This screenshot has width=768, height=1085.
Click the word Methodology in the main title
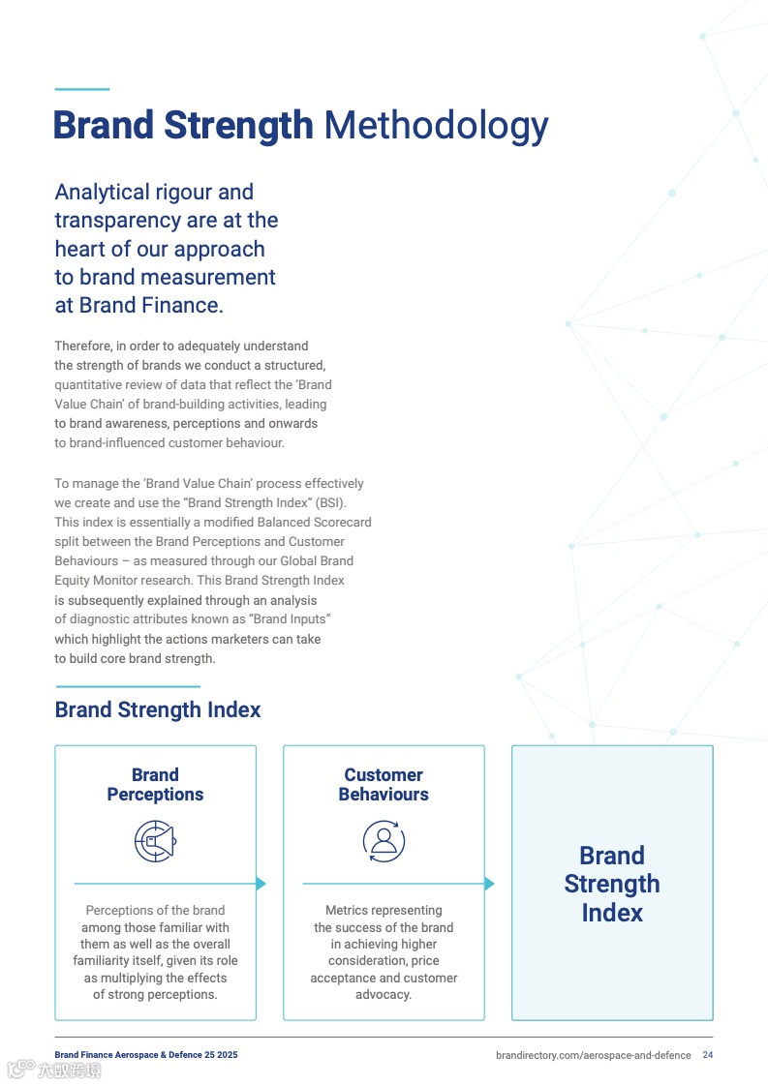pyautogui.click(x=436, y=126)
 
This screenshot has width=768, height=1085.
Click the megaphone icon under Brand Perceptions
pyautogui.click(x=155, y=840)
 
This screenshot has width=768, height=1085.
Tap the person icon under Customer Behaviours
pyautogui.click(x=384, y=840)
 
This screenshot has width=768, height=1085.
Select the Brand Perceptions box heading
pyautogui.click(x=155, y=785)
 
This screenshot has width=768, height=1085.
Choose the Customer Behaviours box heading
pyautogui.click(x=384, y=785)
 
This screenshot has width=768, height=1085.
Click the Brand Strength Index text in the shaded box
pyautogui.click(x=612, y=884)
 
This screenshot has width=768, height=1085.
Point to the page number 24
pyautogui.click(x=708, y=1055)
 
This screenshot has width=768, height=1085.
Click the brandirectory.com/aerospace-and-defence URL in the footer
pyautogui.click(x=593, y=1055)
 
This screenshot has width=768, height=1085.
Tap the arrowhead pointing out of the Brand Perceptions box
pyautogui.click(x=261, y=884)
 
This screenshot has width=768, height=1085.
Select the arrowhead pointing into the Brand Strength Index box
pyautogui.click(x=489, y=884)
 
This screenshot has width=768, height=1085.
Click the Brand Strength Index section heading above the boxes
pyautogui.click(x=158, y=710)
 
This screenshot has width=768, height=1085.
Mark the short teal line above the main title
pyautogui.click(x=81, y=90)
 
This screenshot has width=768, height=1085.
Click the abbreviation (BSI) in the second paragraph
pyautogui.click(x=329, y=503)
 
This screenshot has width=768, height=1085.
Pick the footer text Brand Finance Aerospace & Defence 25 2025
pyautogui.click(x=145, y=1055)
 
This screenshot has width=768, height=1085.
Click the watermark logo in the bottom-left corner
pyautogui.click(x=54, y=1070)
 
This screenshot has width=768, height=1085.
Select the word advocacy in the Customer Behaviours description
pyautogui.click(x=383, y=995)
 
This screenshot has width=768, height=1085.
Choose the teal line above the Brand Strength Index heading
pyautogui.click(x=127, y=686)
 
